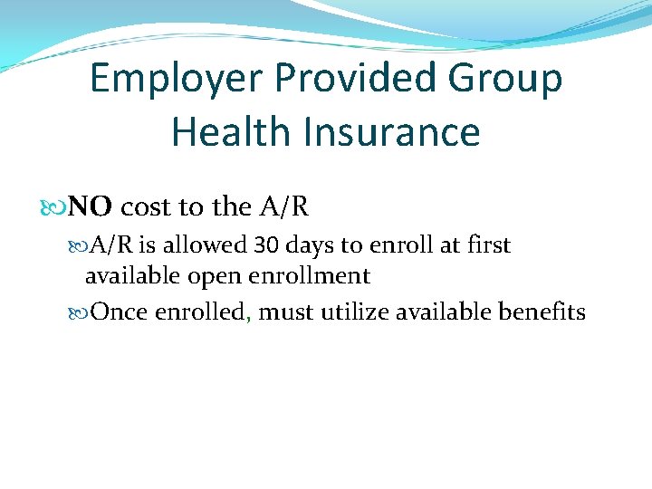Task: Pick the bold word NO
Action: click(x=91, y=207)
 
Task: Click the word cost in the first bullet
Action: click(x=148, y=207)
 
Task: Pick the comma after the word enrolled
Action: click(x=249, y=319)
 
